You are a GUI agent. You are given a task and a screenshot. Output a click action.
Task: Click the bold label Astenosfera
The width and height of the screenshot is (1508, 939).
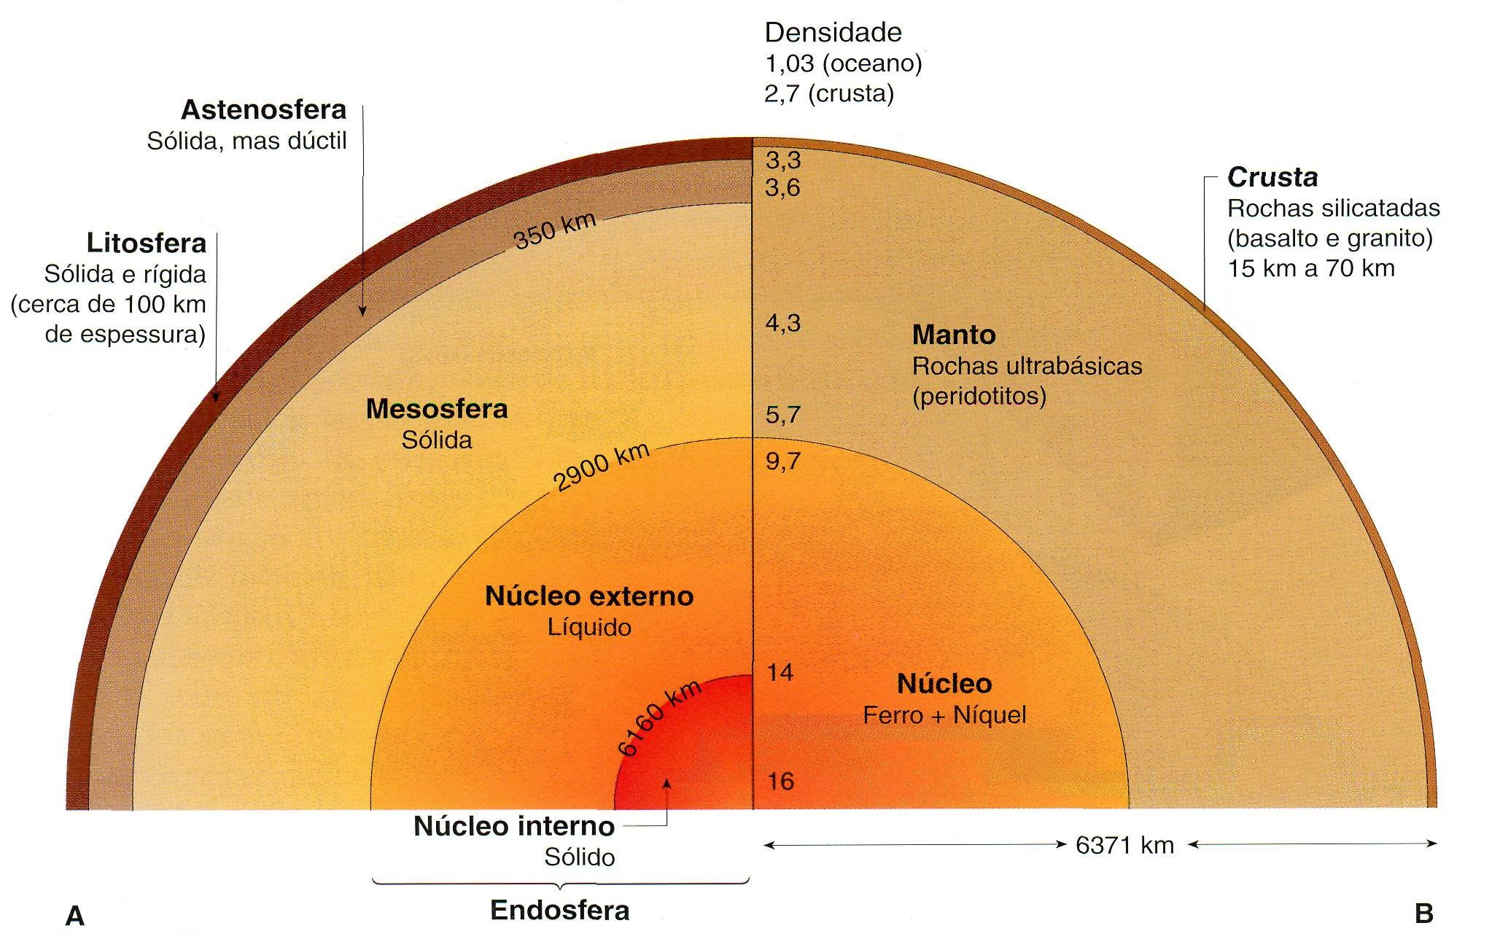(x=263, y=110)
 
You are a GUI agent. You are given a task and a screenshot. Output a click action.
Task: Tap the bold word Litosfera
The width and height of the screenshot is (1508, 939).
(x=146, y=243)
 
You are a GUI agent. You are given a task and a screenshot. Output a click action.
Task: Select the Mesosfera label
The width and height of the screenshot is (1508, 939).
(x=436, y=409)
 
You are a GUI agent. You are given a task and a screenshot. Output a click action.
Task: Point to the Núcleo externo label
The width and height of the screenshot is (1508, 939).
(x=589, y=596)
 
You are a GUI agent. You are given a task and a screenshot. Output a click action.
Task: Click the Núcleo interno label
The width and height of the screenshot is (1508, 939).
(x=514, y=827)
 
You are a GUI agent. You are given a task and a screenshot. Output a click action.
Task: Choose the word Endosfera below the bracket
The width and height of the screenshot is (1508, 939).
(x=559, y=911)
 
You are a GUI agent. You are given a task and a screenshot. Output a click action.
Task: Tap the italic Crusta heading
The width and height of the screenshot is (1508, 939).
(x=1272, y=177)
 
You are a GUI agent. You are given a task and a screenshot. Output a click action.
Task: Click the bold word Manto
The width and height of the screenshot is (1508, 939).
(x=954, y=335)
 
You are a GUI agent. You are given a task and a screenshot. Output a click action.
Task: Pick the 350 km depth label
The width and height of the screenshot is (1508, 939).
(x=555, y=230)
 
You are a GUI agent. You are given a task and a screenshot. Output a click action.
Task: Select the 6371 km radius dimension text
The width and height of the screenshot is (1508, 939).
(x=1124, y=846)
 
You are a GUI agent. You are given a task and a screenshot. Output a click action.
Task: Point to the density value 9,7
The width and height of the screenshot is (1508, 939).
(x=782, y=461)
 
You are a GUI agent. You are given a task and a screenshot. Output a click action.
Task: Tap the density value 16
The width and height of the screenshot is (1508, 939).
(x=780, y=782)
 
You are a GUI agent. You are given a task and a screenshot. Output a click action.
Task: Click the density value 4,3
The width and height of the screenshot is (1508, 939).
(x=783, y=323)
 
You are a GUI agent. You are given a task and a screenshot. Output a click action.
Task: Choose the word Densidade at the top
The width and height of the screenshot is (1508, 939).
(x=833, y=33)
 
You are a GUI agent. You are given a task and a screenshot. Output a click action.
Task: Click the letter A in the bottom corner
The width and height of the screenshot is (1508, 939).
(x=75, y=916)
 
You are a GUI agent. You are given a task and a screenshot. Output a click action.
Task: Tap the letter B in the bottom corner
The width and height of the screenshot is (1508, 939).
(x=1423, y=913)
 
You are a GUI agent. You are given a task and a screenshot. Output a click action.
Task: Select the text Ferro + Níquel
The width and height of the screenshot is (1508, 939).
(x=944, y=715)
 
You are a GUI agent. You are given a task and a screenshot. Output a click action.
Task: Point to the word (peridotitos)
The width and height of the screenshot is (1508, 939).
(x=979, y=396)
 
